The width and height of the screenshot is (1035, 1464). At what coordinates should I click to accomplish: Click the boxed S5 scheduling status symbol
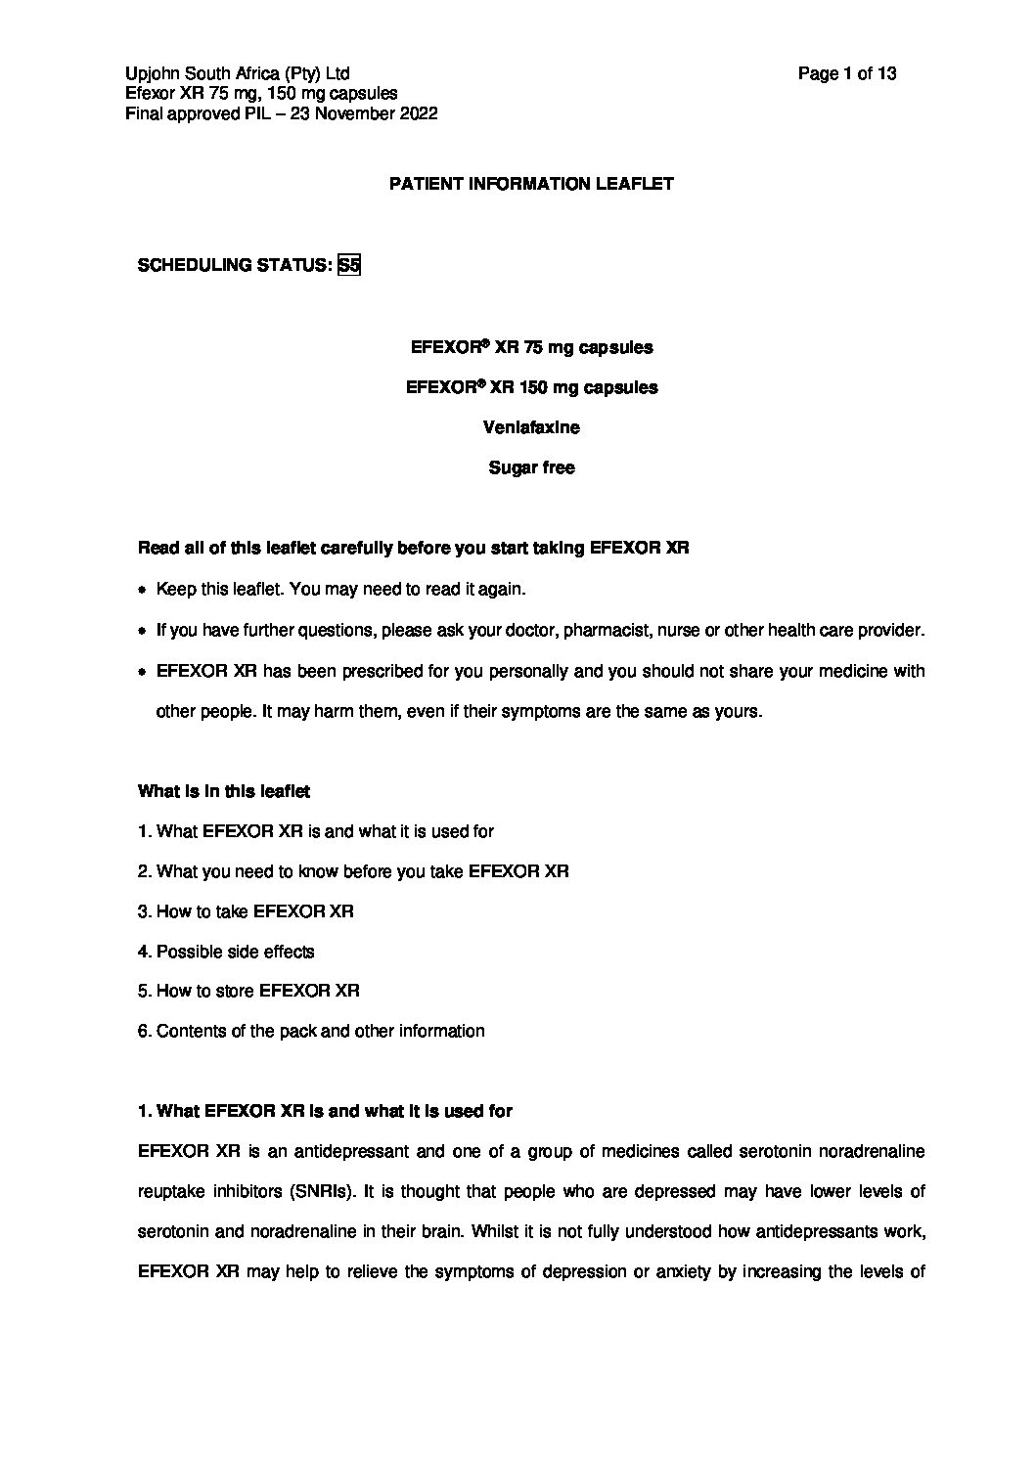(x=349, y=265)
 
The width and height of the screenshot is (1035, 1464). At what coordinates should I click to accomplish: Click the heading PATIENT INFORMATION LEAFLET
(x=531, y=184)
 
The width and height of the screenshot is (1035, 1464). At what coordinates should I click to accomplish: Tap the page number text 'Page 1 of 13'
(x=847, y=73)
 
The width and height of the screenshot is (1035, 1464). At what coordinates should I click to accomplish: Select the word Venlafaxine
(x=531, y=427)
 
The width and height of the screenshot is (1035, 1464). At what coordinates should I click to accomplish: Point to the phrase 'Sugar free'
(x=531, y=467)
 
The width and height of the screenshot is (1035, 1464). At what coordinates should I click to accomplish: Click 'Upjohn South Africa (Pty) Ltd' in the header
(x=238, y=73)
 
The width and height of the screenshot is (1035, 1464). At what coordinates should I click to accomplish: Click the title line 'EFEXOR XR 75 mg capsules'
(x=531, y=347)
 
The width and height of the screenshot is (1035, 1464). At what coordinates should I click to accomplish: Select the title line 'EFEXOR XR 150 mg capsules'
(x=531, y=387)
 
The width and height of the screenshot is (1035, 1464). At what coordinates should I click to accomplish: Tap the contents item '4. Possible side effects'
(x=226, y=952)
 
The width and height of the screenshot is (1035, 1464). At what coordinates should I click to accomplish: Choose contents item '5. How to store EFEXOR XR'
(x=248, y=991)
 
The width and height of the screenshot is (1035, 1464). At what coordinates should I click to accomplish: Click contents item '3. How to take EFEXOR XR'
(x=246, y=911)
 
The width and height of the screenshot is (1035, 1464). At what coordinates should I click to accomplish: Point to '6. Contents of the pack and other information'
(x=311, y=1031)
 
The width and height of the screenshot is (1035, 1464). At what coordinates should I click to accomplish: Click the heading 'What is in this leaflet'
(x=224, y=791)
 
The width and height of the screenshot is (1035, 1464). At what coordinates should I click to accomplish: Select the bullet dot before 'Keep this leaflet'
(x=143, y=591)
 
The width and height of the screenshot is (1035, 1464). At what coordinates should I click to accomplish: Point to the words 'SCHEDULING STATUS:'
(x=234, y=265)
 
